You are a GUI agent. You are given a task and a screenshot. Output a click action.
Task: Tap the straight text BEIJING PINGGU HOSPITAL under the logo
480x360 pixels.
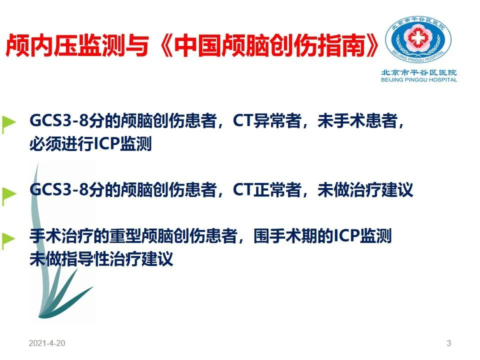pyautogui.click(x=419, y=80)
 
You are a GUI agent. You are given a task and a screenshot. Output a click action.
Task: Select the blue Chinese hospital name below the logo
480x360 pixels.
pyautogui.click(x=419, y=72)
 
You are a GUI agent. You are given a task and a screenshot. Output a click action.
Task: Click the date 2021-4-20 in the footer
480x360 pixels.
pyautogui.click(x=47, y=343)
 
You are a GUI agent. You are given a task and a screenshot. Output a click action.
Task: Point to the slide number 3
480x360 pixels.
pyautogui.click(x=449, y=343)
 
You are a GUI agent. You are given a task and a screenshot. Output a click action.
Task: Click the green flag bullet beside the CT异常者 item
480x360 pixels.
pyautogui.click(x=8, y=124)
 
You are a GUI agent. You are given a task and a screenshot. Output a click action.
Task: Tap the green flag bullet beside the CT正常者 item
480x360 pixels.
pyautogui.click(x=8, y=195)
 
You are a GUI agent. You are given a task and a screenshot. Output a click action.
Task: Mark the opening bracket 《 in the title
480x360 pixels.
pyautogui.click(x=166, y=45)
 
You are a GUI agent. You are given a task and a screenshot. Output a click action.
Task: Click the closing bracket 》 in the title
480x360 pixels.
pyautogui.click(x=371, y=45)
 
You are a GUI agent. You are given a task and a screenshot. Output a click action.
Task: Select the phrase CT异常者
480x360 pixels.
pyautogui.click(x=267, y=120)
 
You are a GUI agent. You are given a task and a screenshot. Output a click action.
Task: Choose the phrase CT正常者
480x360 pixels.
pyautogui.click(x=267, y=189)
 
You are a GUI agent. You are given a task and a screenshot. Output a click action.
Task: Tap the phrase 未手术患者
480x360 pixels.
pyautogui.click(x=357, y=120)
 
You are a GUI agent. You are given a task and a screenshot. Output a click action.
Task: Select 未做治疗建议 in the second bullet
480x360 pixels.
pyautogui.click(x=365, y=189)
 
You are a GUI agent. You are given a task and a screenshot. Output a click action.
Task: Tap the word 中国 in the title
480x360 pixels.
pyautogui.click(x=198, y=45)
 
